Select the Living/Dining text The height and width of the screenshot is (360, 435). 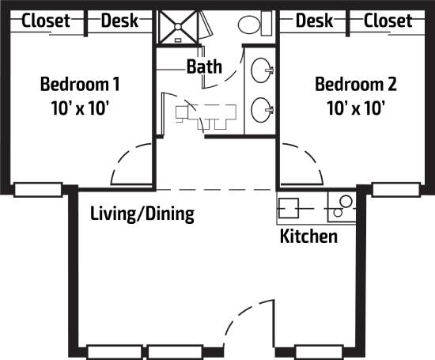(x=142, y=214)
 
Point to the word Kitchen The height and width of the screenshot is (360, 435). (x=308, y=236)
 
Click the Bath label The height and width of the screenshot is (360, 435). (x=204, y=66)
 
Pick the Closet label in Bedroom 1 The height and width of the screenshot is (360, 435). (x=45, y=21)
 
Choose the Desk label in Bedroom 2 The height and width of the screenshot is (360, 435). (x=314, y=21)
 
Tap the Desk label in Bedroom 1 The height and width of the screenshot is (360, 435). (x=119, y=21)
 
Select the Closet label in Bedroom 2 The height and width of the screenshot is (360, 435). (x=388, y=21)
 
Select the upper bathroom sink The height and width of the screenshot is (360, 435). (x=261, y=72)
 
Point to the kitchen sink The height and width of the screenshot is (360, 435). (x=288, y=207)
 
